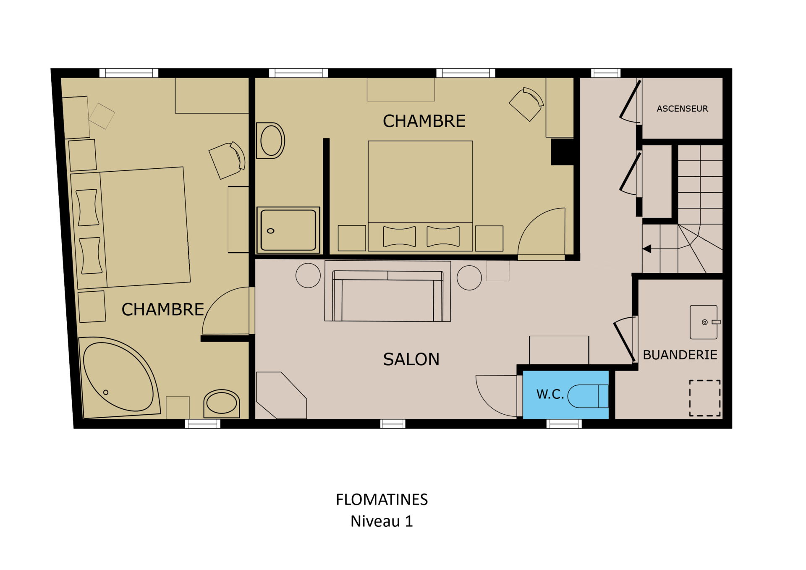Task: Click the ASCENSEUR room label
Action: (x=682, y=109)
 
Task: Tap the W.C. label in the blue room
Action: (x=550, y=394)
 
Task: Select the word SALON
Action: (x=411, y=359)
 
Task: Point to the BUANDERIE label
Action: (x=680, y=355)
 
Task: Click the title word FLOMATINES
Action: (x=382, y=499)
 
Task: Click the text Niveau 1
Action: (x=382, y=521)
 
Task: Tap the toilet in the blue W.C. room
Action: (x=588, y=396)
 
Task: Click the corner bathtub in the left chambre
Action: (x=120, y=378)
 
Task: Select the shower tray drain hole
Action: (x=271, y=231)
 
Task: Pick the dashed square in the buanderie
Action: (x=705, y=398)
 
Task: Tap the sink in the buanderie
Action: (x=704, y=322)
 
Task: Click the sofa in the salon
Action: (x=387, y=296)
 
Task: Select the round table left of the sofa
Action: (x=308, y=275)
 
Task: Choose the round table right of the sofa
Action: (x=469, y=278)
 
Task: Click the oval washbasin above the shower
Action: (x=271, y=141)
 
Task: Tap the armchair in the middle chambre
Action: (x=527, y=104)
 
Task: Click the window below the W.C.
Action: (x=564, y=424)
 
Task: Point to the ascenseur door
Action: (x=630, y=101)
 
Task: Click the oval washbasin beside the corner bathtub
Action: (x=222, y=404)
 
